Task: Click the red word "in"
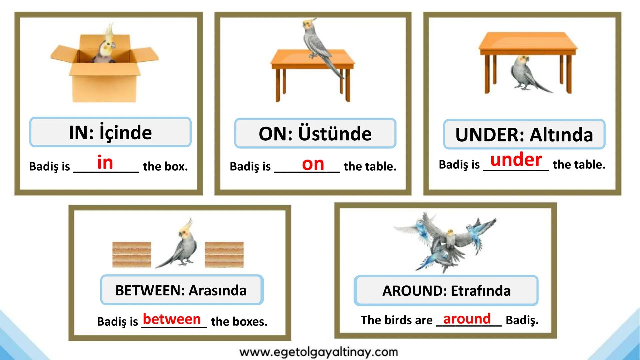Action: coord(105,162)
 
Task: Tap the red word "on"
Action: coord(313,164)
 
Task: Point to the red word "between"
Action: coord(172,319)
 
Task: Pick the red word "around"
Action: coord(467,319)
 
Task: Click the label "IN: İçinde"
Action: coord(110,132)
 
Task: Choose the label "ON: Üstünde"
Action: coord(315,133)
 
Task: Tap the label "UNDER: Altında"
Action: coord(524,134)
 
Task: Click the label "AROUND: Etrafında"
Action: coord(446,291)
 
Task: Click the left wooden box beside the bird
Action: coord(132,255)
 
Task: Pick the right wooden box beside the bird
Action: coord(224,255)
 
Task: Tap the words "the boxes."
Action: coord(239,321)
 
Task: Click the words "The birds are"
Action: coord(397,320)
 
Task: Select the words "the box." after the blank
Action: coord(165,166)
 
